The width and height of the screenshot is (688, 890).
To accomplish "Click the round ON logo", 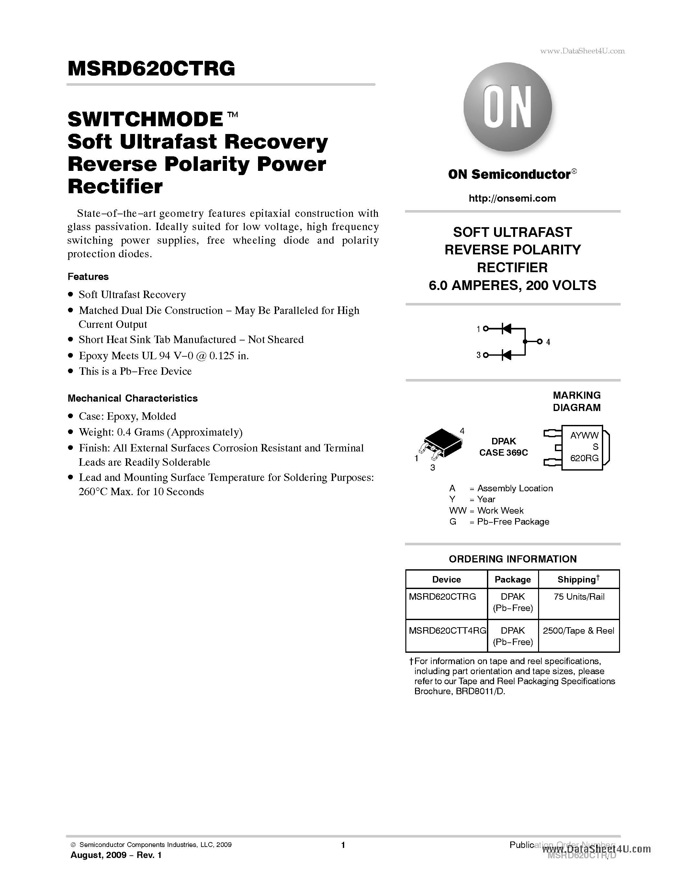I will pyautogui.click(x=507, y=107).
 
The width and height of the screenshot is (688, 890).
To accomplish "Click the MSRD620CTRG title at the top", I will pyautogui.click(x=151, y=69).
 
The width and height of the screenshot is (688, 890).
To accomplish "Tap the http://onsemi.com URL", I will pyautogui.click(x=512, y=198).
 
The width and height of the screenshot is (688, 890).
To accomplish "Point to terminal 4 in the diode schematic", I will pyautogui.click(x=540, y=341).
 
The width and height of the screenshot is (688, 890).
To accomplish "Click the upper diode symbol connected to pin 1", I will pyautogui.click(x=507, y=328).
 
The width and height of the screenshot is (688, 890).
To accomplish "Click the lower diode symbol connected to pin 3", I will pyautogui.click(x=507, y=355).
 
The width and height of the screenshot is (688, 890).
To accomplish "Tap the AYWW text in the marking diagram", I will pyautogui.click(x=584, y=435).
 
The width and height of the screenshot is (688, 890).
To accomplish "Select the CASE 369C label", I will pyautogui.click(x=503, y=453).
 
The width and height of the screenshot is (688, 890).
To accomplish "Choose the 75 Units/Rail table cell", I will pyautogui.click(x=579, y=596).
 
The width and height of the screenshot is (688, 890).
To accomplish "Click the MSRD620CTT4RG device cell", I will pyautogui.click(x=447, y=630).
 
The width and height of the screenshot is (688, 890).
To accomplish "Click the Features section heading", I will pyautogui.click(x=88, y=277).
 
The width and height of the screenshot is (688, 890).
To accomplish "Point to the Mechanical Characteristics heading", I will pyautogui.click(x=132, y=398).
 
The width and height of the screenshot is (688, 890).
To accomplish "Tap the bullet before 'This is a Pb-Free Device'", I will pyautogui.click(x=71, y=371).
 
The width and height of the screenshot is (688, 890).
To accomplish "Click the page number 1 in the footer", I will pyautogui.click(x=343, y=845).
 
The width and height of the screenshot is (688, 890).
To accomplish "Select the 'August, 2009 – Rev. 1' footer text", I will pyautogui.click(x=116, y=855).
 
